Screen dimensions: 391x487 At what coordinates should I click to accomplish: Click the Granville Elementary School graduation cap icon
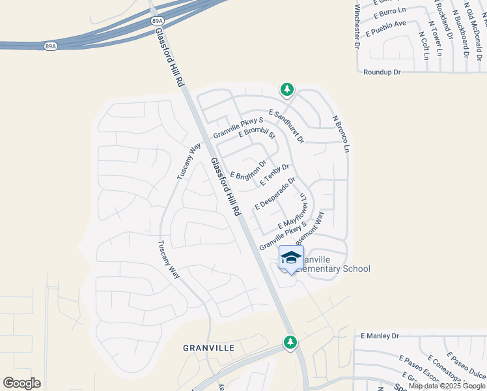(x=291, y=257)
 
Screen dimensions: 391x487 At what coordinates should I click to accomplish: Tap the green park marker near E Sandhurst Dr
(x=286, y=89)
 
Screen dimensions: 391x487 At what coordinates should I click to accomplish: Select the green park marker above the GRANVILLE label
(x=290, y=341)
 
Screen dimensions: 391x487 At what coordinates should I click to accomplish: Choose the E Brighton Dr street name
(x=249, y=170)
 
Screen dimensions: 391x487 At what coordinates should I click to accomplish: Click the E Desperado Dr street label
(x=275, y=194)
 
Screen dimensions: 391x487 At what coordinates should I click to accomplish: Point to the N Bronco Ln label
(x=342, y=135)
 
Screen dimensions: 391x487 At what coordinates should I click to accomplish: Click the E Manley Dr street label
(x=380, y=336)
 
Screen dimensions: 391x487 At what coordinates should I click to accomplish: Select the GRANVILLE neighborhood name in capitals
(x=208, y=348)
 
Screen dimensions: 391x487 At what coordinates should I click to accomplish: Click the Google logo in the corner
(x=21, y=383)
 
